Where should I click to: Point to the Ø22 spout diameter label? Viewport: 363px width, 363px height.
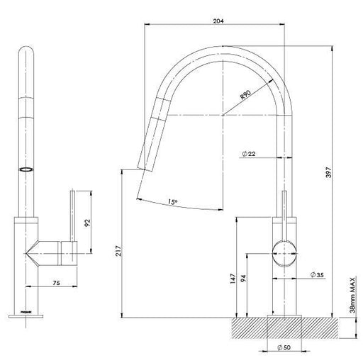pyautogui.click(x=250, y=154)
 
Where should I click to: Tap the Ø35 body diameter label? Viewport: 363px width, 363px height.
pyautogui.click(x=318, y=274)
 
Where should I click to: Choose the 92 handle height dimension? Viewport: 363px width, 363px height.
pyautogui.click(x=87, y=223)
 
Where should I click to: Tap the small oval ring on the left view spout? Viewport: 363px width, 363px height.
pyautogui.click(x=27, y=169)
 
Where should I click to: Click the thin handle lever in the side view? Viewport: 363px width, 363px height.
pyautogui.click(x=286, y=213)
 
